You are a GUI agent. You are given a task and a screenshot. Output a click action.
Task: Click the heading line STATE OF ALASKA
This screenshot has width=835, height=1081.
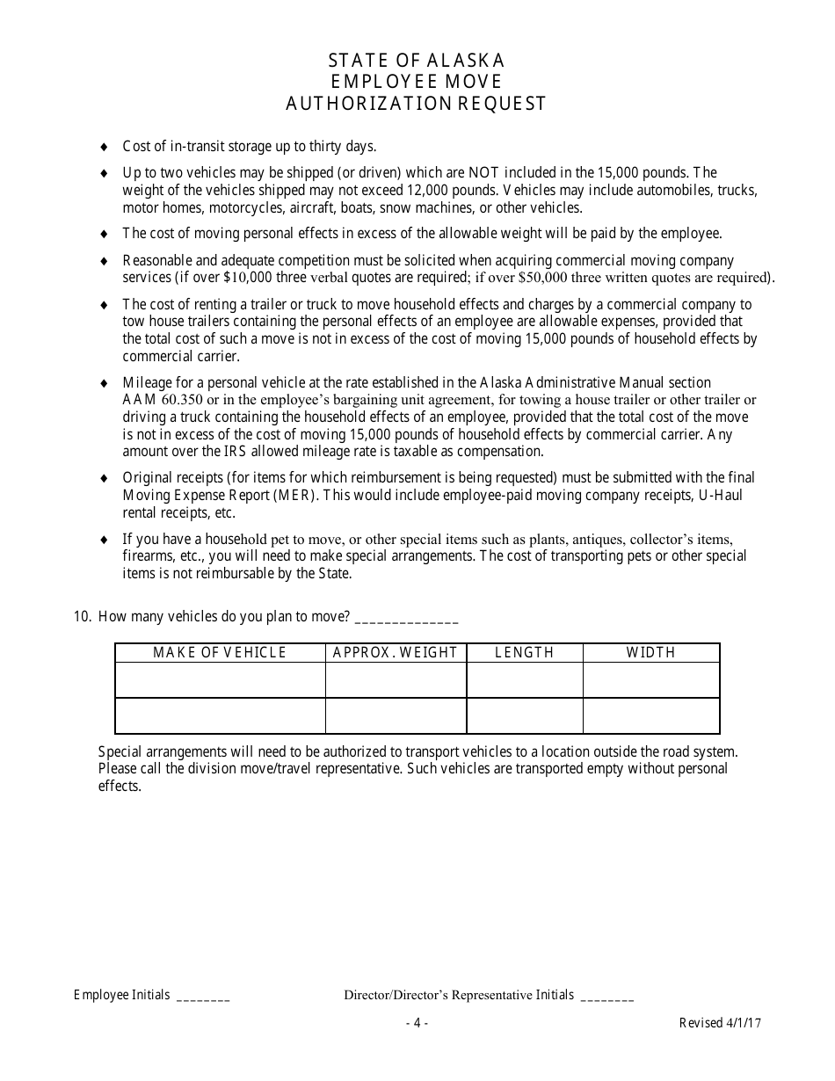[x=417, y=61]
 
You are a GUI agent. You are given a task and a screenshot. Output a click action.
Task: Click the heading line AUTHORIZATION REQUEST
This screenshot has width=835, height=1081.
[x=417, y=104]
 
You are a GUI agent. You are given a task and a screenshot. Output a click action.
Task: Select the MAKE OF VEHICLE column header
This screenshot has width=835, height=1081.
[x=220, y=652]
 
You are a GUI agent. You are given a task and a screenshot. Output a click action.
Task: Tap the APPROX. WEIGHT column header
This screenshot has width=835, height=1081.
[x=396, y=652]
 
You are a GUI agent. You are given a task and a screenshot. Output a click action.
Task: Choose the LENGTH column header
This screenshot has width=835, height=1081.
[x=525, y=652]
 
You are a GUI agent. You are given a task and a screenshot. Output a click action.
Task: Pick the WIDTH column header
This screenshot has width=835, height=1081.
[x=651, y=652]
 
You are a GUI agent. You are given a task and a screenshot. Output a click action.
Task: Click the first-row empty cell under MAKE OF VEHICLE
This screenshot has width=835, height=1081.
[x=220, y=680]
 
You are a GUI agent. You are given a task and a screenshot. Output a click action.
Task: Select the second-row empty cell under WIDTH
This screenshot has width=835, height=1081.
[x=651, y=716]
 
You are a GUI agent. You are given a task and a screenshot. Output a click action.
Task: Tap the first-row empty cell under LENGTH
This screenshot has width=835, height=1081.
[x=525, y=680]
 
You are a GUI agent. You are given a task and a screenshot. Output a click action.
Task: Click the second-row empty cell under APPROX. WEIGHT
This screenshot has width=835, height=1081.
[x=396, y=716]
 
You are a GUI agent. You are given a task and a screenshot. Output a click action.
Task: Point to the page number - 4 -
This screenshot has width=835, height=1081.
[x=417, y=1023]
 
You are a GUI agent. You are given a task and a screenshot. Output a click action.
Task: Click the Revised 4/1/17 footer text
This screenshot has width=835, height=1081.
[x=720, y=1023]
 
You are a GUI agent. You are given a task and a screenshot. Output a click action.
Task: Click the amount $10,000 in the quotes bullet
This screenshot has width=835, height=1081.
[x=249, y=278]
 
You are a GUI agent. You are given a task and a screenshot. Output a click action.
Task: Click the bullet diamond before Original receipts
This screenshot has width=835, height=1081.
[x=105, y=478]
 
